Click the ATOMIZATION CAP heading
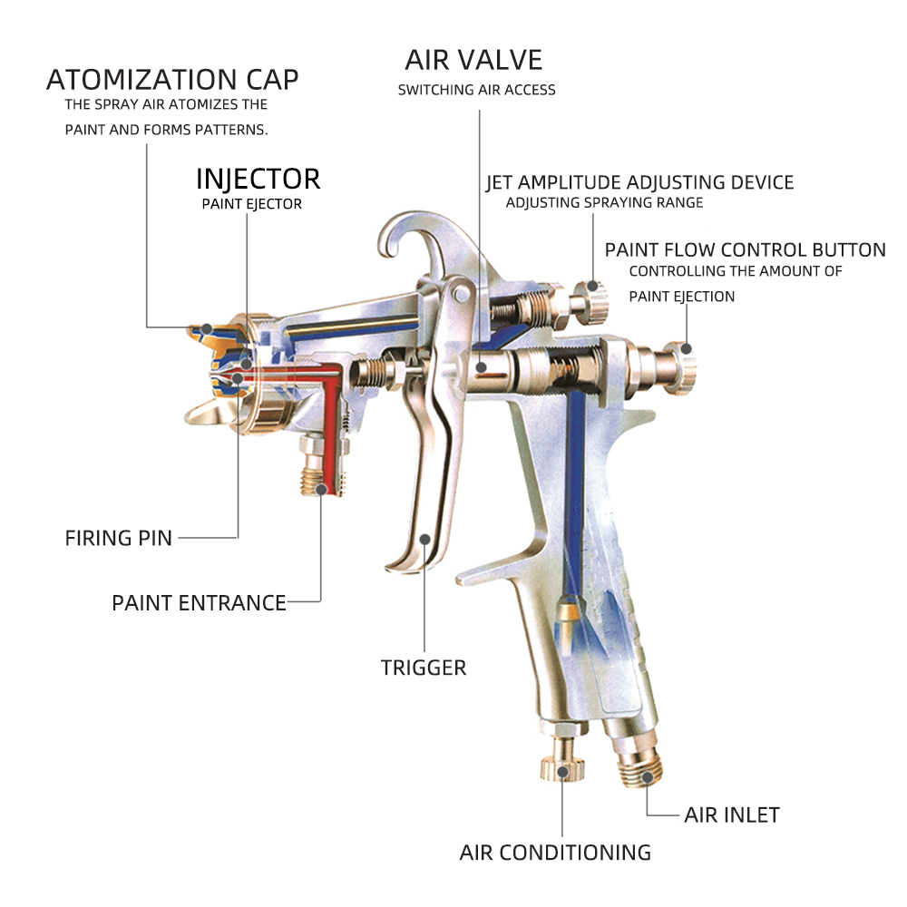tap(172, 79)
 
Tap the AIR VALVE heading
tap(473, 60)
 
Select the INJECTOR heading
tap(258, 179)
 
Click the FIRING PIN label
tap(119, 538)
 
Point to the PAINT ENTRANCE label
tap(199, 603)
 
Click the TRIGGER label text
tap(424, 668)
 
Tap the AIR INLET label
tap(732, 815)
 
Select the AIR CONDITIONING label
tap(555, 852)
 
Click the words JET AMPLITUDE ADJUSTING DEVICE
tap(639, 183)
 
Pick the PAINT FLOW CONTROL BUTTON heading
tap(745, 250)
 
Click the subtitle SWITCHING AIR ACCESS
tap(477, 90)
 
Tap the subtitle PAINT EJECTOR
tap(251, 203)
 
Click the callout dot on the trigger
tap(424, 539)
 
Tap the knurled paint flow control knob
tap(683, 368)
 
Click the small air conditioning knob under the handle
tap(562, 763)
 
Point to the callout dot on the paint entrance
tap(322, 490)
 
